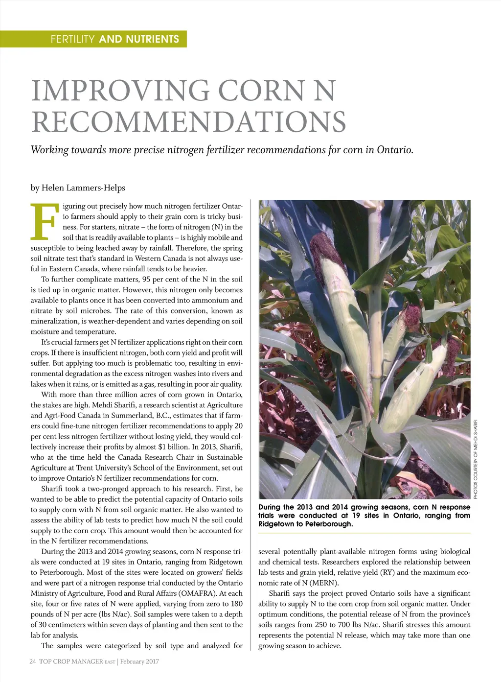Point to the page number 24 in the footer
coord(33,661)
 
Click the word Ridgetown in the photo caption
coord(276,524)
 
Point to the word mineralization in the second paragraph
coord(54,321)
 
